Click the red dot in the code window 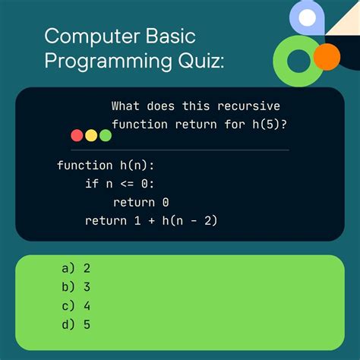pyautogui.click(x=77, y=135)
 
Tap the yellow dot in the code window pyautogui.click(x=91, y=135)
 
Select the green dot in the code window pyautogui.click(x=106, y=135)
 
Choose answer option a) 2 pyautogui.click(x=76, y=268)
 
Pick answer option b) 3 pyautogui.click(x=76, y=287)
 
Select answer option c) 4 pyautogui.click(x=76, y=306)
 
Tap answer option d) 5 pyautogui.click(x=76, y=325)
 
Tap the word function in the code pyautogui.click(x=84, y=165)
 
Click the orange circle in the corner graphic pyautogui.click(x=327, y=55)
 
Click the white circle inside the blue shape pyautogui.click(x=307, y=17)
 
